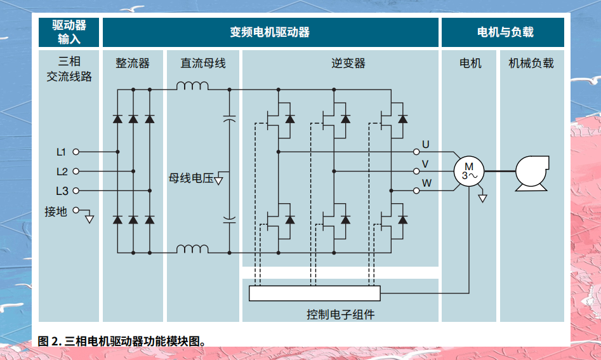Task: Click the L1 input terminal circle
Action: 76,152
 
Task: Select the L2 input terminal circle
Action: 76,171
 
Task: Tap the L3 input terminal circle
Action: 76,190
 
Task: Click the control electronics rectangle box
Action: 315,293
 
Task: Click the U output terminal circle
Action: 416,152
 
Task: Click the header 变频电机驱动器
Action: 270,32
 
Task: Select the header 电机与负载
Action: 505,32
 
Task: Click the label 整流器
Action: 133,63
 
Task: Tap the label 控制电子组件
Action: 340,314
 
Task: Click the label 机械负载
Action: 531,63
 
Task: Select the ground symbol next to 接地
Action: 89,219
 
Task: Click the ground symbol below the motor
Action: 483,199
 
